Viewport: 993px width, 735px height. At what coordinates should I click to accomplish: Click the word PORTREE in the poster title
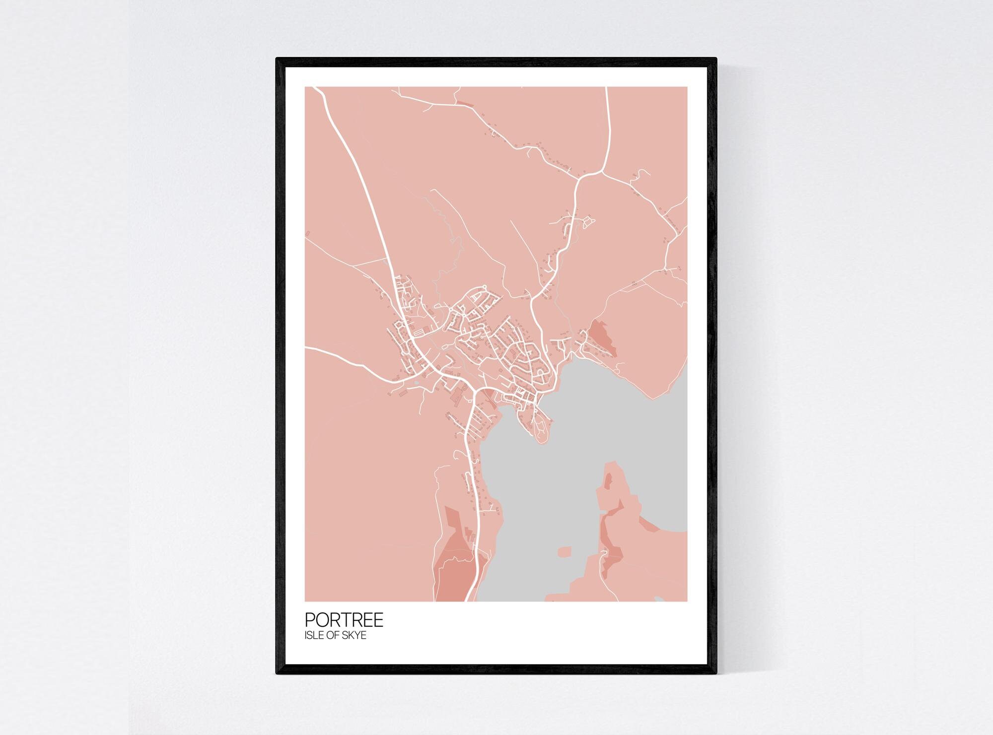tap(344, 620)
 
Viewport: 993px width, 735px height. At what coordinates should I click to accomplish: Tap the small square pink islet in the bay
tap(565, 552)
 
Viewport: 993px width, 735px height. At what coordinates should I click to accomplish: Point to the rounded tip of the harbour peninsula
tap(542, 440)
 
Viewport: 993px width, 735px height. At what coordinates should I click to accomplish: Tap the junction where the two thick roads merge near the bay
tap(475, 392)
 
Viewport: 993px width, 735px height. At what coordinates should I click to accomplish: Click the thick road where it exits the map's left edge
tap(306, 348)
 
